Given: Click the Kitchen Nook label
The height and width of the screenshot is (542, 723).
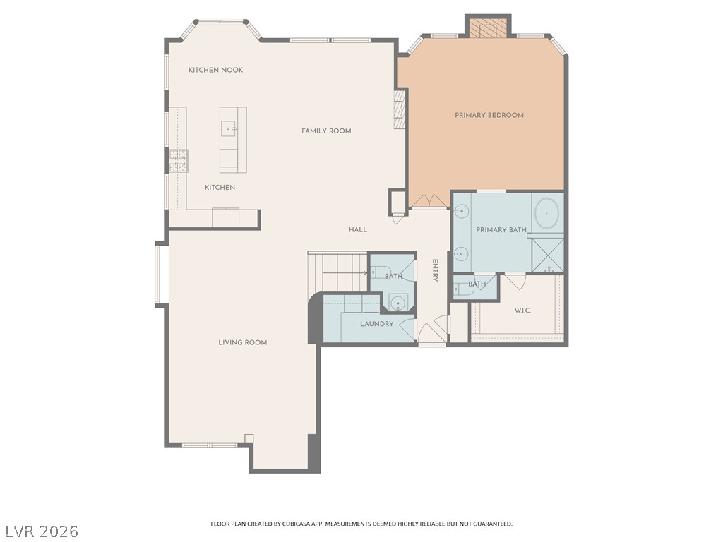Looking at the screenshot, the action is [216, 70].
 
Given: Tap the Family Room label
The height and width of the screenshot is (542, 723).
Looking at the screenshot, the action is [326, 131].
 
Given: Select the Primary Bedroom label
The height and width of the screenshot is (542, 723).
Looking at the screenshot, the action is [489, 115].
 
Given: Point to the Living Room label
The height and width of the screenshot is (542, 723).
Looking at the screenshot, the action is [243, 342].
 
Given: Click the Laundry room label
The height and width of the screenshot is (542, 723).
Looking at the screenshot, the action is [377, 324].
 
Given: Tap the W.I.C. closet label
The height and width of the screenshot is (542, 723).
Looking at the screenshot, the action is [522, 311].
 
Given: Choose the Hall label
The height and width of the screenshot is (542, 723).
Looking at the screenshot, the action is [358, 229].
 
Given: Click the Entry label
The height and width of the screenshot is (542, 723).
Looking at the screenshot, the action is [435, 270].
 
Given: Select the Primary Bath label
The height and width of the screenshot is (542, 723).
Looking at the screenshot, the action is [501, 229].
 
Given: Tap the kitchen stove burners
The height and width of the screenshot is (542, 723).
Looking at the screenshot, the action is [179, 161].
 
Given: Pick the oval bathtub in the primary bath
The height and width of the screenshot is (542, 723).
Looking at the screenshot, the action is [547, 213].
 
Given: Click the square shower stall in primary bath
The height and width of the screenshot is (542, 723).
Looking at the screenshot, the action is [548, 255].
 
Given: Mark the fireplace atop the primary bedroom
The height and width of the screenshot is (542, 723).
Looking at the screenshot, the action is [489, 28].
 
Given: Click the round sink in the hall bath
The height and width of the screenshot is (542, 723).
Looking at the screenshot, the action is [397, 303].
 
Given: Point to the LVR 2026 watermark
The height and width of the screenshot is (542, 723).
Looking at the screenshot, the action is [40, 531].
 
